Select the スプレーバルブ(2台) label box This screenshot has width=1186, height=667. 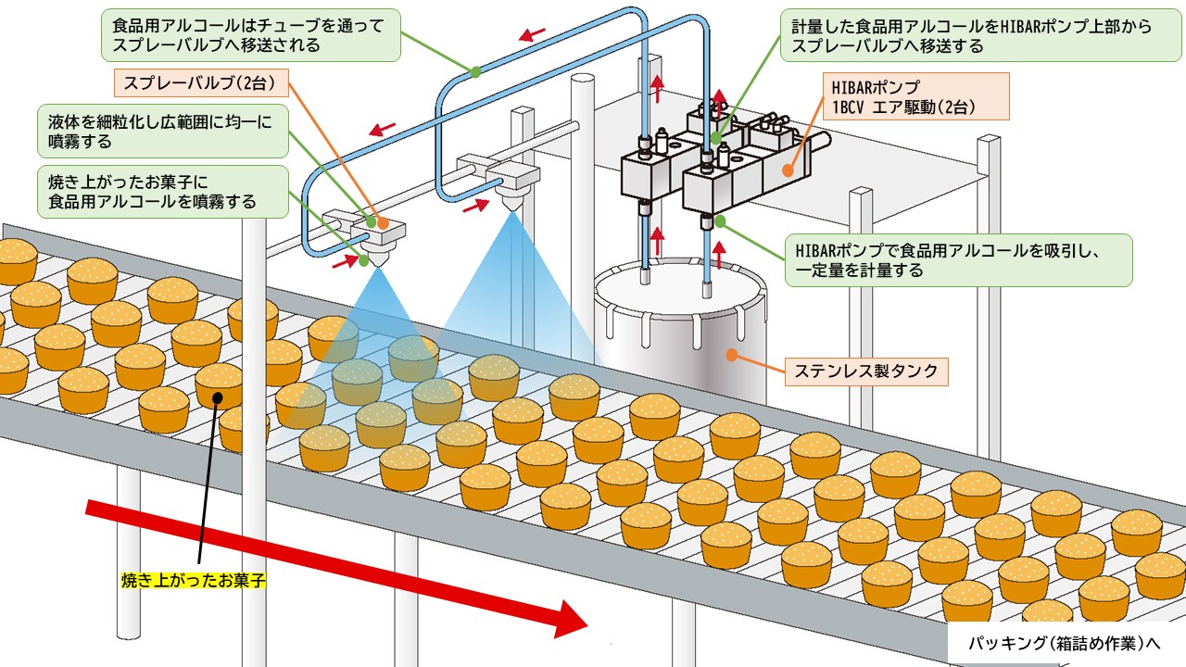(201, 83)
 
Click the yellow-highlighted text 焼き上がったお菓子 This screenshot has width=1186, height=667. (194, 581)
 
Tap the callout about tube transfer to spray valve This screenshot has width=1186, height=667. (249, 35)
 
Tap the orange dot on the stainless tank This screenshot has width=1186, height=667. (732, 353)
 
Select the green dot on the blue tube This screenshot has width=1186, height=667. (475, 70)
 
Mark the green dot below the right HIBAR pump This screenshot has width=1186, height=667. (719, 222)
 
